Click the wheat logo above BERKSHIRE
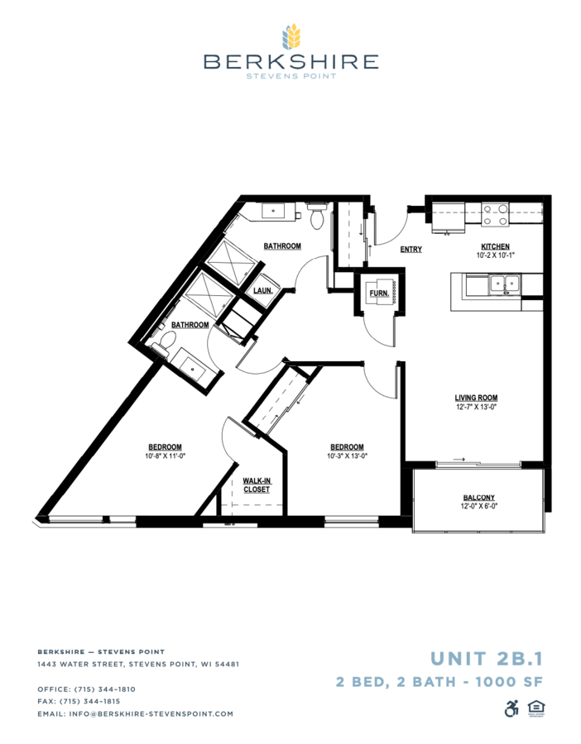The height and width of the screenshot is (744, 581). [291, 36]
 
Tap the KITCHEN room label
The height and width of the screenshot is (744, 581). [496, 246]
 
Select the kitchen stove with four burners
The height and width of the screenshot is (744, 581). [496, 214]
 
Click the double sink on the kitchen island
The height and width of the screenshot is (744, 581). [505, 284]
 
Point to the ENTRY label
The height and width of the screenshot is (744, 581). [411, 249]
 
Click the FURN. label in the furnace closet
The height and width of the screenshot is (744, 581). [379, 293]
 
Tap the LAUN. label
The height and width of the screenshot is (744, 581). [262, 290]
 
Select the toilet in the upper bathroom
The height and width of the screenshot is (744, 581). [317, 215]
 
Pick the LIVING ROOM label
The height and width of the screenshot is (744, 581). [476, 398]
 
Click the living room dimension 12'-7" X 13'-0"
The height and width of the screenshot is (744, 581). [476, 407]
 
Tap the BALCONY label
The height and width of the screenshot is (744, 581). [479, 498]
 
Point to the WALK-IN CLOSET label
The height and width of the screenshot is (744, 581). [257, 485]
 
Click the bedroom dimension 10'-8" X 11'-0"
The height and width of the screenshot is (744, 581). [165, 456]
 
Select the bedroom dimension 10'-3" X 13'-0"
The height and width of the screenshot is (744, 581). [348, 456]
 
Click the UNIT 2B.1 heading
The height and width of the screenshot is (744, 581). [486, 659]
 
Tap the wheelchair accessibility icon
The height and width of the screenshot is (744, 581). [511, 708]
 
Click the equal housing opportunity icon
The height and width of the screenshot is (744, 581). [536, 708]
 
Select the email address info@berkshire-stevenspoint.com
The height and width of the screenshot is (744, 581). [151, 713]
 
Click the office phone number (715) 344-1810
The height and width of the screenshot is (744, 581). [104, 689]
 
